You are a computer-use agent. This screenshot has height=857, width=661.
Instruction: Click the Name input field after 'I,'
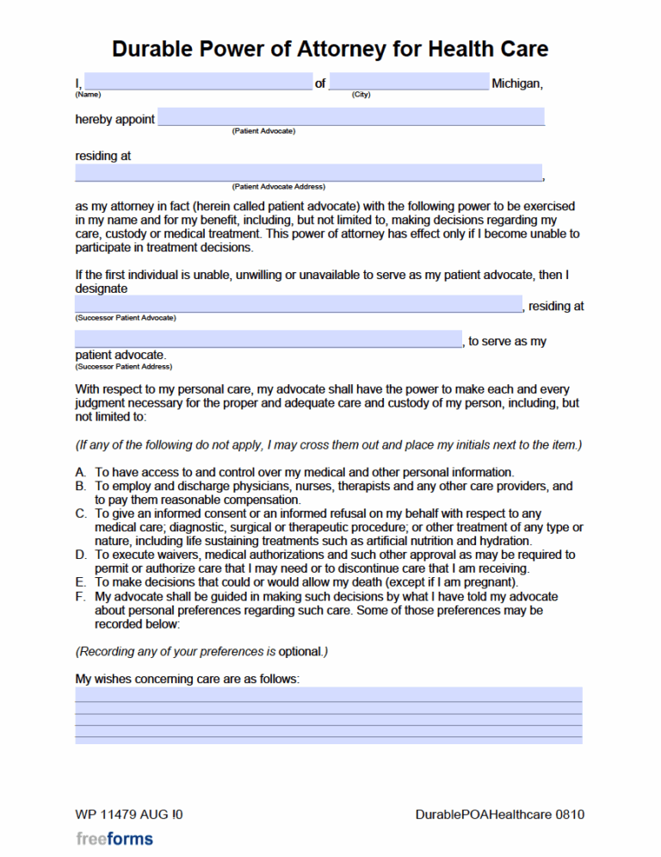tap(198, 82)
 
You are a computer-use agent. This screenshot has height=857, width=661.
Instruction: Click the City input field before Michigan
tap(409, 82)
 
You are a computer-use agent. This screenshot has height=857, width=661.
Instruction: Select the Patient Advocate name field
tap(351, 117)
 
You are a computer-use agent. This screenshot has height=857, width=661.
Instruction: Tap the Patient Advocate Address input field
tap(308, 172)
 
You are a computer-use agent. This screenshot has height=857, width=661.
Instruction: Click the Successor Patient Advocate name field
tap(298, 305)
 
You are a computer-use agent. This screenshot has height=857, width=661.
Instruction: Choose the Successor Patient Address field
tap(268, 339)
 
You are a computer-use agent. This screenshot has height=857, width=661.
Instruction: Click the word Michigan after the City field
tap(517, 84)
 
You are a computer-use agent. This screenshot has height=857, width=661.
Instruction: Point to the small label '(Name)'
tap(88, 95)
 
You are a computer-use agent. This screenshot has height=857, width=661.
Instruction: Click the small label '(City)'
tap(361, 95)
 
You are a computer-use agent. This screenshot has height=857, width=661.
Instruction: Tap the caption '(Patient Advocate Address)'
tap(278, 187)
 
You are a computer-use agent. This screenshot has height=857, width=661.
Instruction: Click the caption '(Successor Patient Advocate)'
tap(126, 318)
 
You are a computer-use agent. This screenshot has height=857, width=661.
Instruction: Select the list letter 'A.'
tap(81, 473)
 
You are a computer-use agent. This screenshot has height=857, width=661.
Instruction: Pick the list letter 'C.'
tap(81, 514)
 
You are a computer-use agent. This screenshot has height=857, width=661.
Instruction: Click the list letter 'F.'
tap(81, 597)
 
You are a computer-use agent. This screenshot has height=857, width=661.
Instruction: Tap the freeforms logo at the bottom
tap(114, 839)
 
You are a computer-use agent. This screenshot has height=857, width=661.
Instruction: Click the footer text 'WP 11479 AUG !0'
tap(129, 815)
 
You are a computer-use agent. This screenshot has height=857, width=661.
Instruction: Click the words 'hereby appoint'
tap(114, 120)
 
